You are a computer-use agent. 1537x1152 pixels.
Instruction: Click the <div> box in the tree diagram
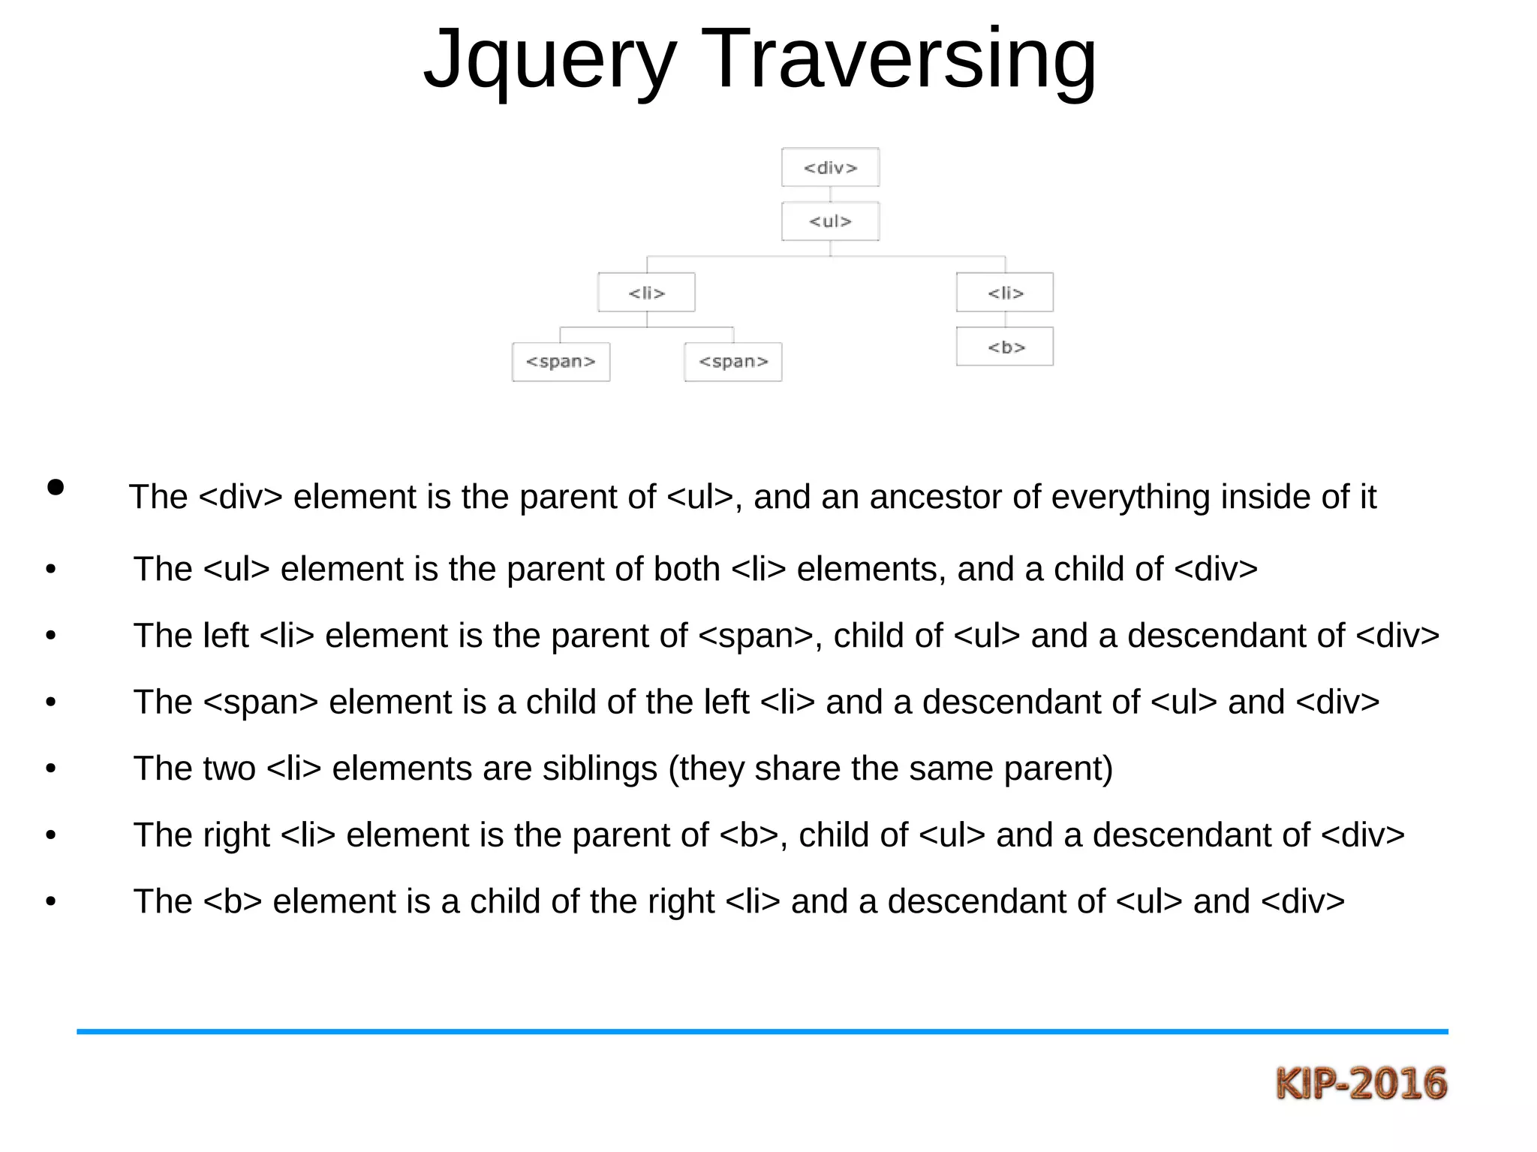830,167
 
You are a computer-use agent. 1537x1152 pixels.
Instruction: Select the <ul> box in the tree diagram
830,221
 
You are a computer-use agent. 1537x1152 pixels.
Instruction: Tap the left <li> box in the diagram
646,293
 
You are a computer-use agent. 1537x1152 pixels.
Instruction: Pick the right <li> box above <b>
1005,293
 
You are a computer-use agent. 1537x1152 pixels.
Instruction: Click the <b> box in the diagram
1005,347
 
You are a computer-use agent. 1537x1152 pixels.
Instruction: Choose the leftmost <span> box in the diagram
561,362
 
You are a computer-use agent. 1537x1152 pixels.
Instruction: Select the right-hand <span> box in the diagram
733,362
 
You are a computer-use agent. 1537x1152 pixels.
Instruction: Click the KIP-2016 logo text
1361,1084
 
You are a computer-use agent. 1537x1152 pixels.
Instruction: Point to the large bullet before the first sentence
56,487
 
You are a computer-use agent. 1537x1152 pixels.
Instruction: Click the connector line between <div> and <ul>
830,194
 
